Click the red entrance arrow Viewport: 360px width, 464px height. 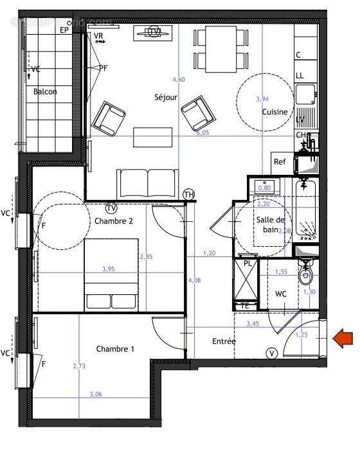(343, 338)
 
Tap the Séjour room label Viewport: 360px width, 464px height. (166, 98)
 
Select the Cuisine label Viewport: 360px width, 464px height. (274, 112)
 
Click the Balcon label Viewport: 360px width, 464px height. (45, 92)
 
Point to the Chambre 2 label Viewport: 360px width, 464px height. (114, 220)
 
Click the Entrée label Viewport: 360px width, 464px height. (224, 341)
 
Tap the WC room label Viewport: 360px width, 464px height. (281, 294)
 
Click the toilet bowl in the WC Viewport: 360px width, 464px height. (305, 275)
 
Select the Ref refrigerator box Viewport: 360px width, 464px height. (280, 162)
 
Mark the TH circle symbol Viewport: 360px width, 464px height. (189, 194)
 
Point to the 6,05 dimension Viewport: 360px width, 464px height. (203, 133)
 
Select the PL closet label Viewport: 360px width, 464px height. (246, 263)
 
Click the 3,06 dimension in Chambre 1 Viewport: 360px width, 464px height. (96, 394)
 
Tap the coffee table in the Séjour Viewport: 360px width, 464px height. (153, 137)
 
